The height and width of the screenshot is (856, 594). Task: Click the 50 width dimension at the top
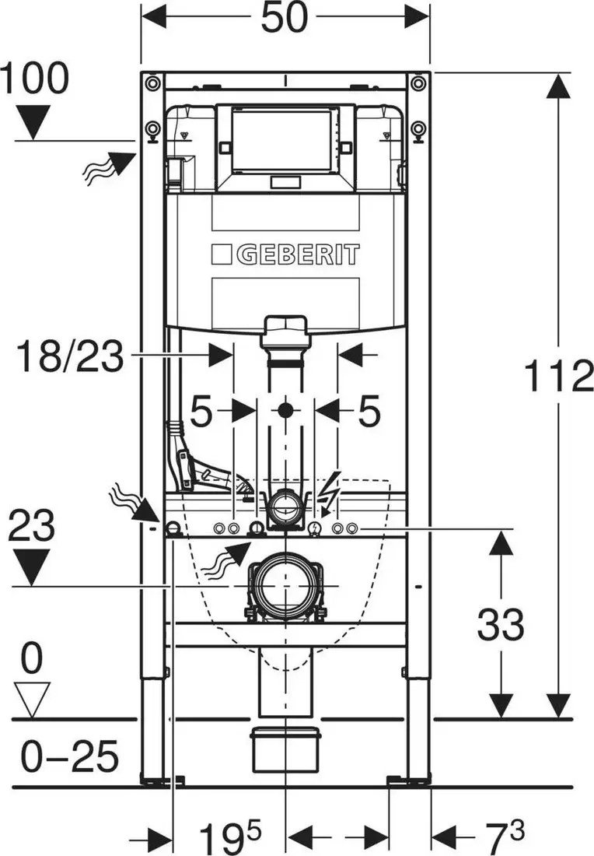pos(285,17)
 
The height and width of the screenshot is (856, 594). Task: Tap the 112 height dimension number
pos(558,376)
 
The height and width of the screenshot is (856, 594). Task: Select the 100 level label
pos(35,78)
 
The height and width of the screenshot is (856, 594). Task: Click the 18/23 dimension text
pos(70,356)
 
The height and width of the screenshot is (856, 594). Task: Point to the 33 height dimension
pos(500,625)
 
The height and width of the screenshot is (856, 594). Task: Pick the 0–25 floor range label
pos(70,756)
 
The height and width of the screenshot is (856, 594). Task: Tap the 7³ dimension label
pos(502,836)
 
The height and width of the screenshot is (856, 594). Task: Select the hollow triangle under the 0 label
pos(31,700)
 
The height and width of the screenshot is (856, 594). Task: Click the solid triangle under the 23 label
pos(31,567)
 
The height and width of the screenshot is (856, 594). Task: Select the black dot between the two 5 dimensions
pos(285,410)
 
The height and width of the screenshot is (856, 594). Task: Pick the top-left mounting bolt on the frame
pos(152,83)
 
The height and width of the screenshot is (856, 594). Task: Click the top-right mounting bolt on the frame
pos(418,83)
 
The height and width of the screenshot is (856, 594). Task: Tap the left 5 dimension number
pos(201,411)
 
